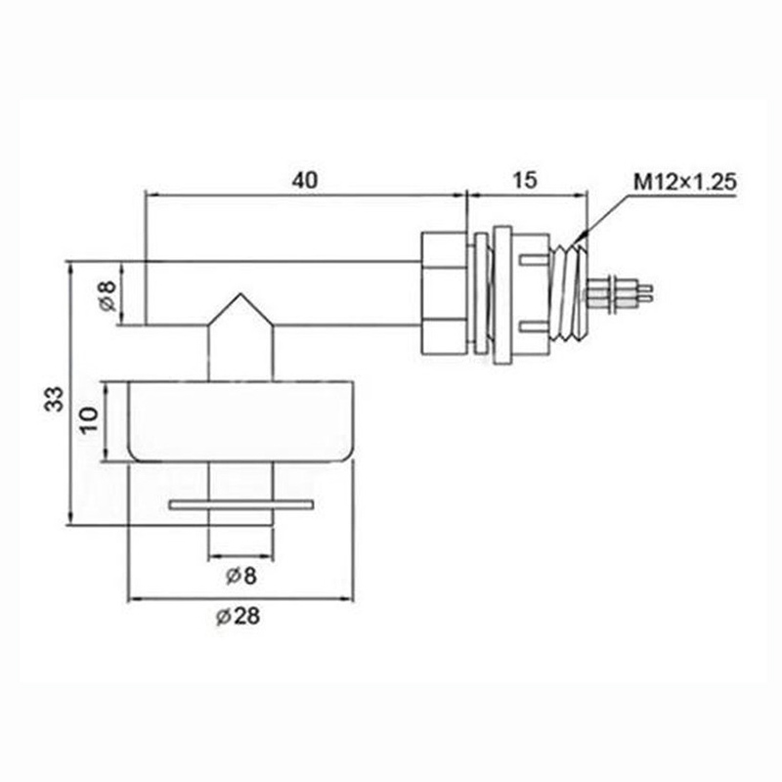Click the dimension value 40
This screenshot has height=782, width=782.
(x=305, y=180)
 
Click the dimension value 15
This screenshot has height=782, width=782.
(x=525, y=180)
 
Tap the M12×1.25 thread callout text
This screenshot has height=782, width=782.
(x=685, y=182)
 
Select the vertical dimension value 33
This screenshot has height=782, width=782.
(x=55, y=399)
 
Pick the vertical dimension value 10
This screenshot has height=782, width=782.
(x=89, y=420)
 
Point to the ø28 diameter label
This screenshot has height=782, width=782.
(x=238, y=617)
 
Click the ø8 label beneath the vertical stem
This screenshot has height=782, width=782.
(x=241, y=576)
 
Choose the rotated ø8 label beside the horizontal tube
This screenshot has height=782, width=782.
(x=108, y=295)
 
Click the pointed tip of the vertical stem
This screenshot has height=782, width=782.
(x=241, y=293)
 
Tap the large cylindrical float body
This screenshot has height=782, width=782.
(x=241, y=421)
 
